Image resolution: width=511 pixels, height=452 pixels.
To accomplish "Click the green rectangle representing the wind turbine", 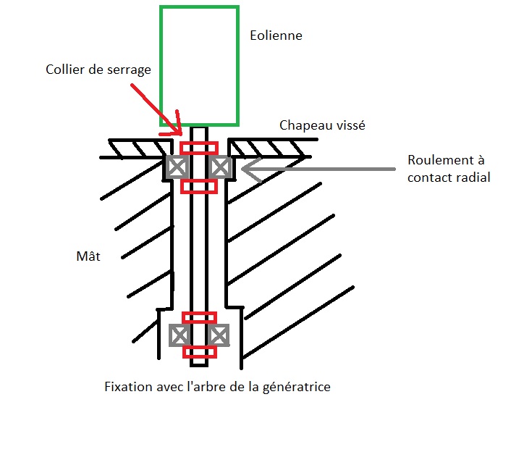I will pyautogui.click(x=199, y=65).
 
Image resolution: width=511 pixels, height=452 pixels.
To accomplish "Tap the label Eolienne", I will pyautogui.click(x=276, y=35).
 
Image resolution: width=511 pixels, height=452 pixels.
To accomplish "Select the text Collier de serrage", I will pyautogui.click(x=98, y=70).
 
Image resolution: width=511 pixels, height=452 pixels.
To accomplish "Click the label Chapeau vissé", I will pyautogui.click(x=323, y=125).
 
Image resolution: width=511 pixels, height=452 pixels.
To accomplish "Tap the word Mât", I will pyautogui.click(x=87, y=256).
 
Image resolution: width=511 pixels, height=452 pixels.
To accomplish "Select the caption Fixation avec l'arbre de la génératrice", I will pyautogui.click(x=217, y=387).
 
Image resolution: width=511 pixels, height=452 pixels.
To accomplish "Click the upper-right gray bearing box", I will pyautogui.click(x=220, y=167).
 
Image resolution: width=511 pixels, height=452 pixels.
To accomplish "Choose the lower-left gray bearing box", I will pyautogui.click(x=179, y=335).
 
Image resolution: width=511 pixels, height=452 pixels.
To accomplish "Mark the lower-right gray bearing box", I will pyautogui.click(x=219, y=335).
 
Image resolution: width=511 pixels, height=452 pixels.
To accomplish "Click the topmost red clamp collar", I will pyautogui.click(x=198, y=148).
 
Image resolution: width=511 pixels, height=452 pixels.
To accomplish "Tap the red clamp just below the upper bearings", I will pyautogui.click(x=198, y=186).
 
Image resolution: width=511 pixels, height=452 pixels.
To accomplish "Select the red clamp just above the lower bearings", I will pyautogui.click(x=198, y=317).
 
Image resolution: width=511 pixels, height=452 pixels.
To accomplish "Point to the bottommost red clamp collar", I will pyautogui.click(x=198, y=352).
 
